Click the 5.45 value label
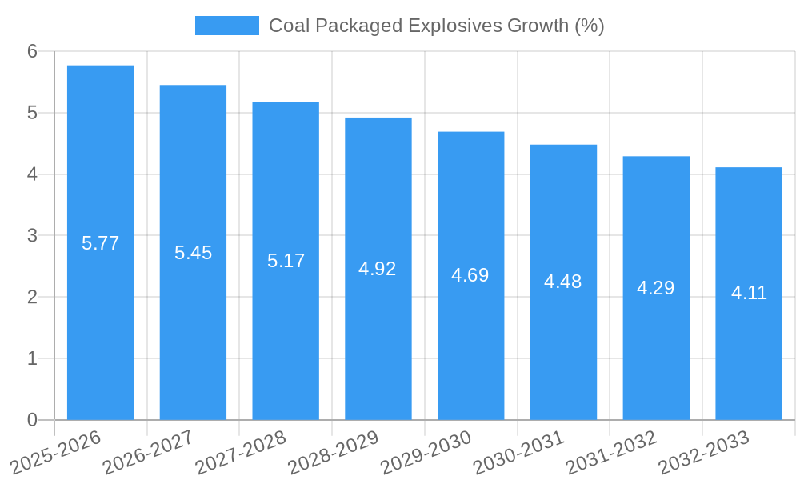(x=193, y=253)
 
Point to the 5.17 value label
(x=286, y=261)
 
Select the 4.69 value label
(x=470, y=275)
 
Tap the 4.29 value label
(x=656, y=288)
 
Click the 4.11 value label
(x=749, y=293)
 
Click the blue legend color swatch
(x=227, y=26)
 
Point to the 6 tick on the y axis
(x=33, y=51)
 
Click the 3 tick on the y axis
(x=33, y=236)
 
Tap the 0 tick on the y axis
(x=33, y=420)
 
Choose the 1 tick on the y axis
(x=33, y=358)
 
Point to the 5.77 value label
(x=100, y=243)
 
